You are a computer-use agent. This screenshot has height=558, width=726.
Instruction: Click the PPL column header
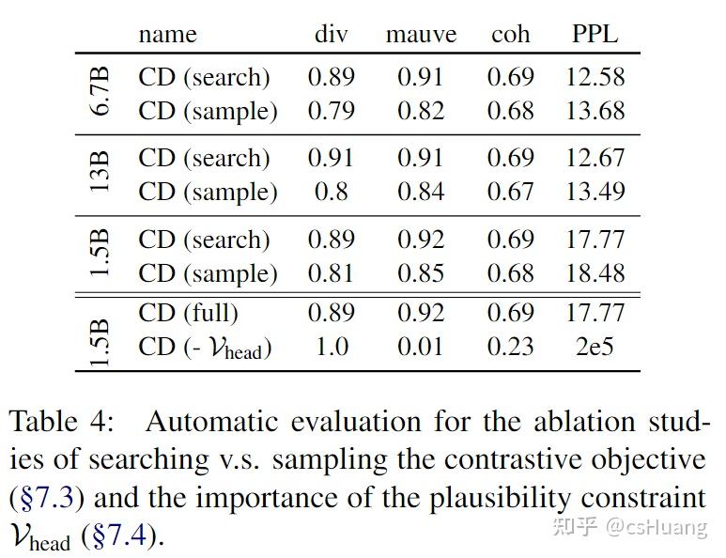click(595, 35)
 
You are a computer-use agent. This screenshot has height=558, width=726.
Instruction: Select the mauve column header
click(421, 35)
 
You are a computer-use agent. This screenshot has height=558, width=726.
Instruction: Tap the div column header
click(331, 35)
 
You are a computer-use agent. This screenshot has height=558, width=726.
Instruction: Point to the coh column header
click(510, 35)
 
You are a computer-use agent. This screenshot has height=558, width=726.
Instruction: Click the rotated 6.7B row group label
click(100, 92)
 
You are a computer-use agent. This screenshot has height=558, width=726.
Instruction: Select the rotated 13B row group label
click(100, 174)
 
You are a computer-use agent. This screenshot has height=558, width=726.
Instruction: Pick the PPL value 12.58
click(595, 76)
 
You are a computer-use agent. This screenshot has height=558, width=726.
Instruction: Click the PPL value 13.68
click(595, 111)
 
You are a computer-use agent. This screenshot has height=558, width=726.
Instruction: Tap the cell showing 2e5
click(595, 347)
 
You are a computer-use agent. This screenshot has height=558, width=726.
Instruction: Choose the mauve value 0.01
click(420, 347)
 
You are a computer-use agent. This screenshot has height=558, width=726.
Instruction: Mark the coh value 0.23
click(510, 347)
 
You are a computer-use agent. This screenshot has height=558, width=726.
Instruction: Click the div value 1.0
click(331, 347)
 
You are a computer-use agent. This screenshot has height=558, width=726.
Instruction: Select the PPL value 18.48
click(595, 273)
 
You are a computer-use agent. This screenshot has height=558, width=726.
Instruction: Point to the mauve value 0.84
click(420, 192)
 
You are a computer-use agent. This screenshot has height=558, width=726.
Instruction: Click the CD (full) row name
click(188, 312)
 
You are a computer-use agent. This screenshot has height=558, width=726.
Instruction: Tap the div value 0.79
click(331, 111)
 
